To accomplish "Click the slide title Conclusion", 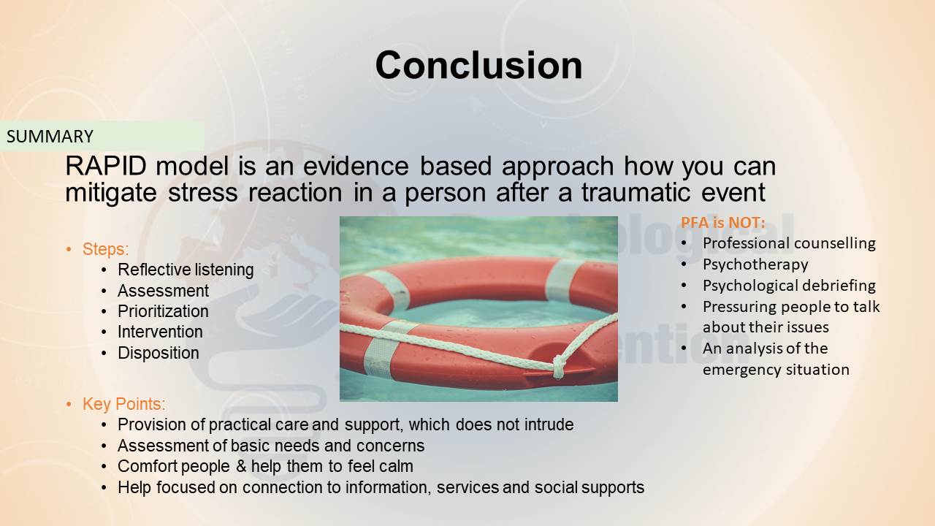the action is (x=478, y=66).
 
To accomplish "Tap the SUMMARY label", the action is (x=50, y=137).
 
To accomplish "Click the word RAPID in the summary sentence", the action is (x=106, y=166).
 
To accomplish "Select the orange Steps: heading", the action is (x=105, y=249).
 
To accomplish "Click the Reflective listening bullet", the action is (x=186, y=270).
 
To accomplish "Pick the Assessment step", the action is (x=163, y=291).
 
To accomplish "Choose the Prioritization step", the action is (x=163, y=311).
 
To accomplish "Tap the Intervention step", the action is (x=160, y=332).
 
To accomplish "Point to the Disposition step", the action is (x=159, y=353).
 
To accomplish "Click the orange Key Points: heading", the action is (x=123, y=404).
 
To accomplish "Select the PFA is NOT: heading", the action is (x=723, y=223).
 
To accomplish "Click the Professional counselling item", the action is (x=789, y=243).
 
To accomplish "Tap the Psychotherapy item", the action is (x=755, y=264).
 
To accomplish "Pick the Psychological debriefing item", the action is (x=789, y=286).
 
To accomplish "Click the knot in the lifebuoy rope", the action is (x=560, y=367).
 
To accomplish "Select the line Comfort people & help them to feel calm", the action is (x=265, y=466).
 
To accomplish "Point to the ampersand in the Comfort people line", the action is (x=241, y=466).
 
